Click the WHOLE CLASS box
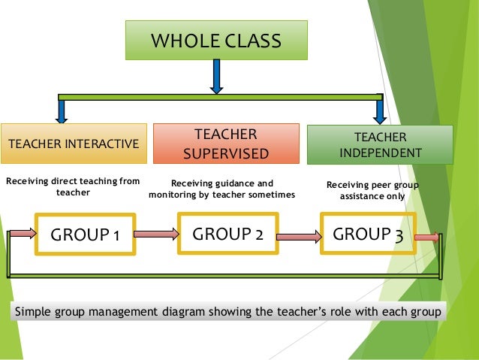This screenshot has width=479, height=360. click(x=216, y=39)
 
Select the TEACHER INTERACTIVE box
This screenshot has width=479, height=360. click(x=73, y=144)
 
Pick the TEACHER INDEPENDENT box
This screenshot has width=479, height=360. click(x=380, y=144)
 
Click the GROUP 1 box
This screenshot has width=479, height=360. click(x=84, y=235)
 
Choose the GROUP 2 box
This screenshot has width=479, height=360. click(x=227, y=234)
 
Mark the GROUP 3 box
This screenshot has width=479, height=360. click(x=368, y=234)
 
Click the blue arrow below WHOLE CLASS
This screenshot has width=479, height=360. click(x=216, y=77)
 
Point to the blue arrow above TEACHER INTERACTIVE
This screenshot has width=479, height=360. click(x=62, y=110)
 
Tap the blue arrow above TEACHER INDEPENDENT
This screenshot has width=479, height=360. click(x=381, y=110)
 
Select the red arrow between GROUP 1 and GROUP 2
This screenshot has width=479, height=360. click(x=155, y=234)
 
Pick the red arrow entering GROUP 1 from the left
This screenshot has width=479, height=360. click(x=23, y=234)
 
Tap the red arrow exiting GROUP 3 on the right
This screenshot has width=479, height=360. click(x=426, y=237)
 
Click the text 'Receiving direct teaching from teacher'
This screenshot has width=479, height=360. click(x=73, y=187)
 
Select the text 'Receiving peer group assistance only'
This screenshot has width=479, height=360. click(x=373, y=190)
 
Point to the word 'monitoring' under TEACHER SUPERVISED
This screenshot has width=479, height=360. click(x=178, y=195)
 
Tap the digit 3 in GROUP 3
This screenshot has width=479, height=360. click(x=398, y=235)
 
